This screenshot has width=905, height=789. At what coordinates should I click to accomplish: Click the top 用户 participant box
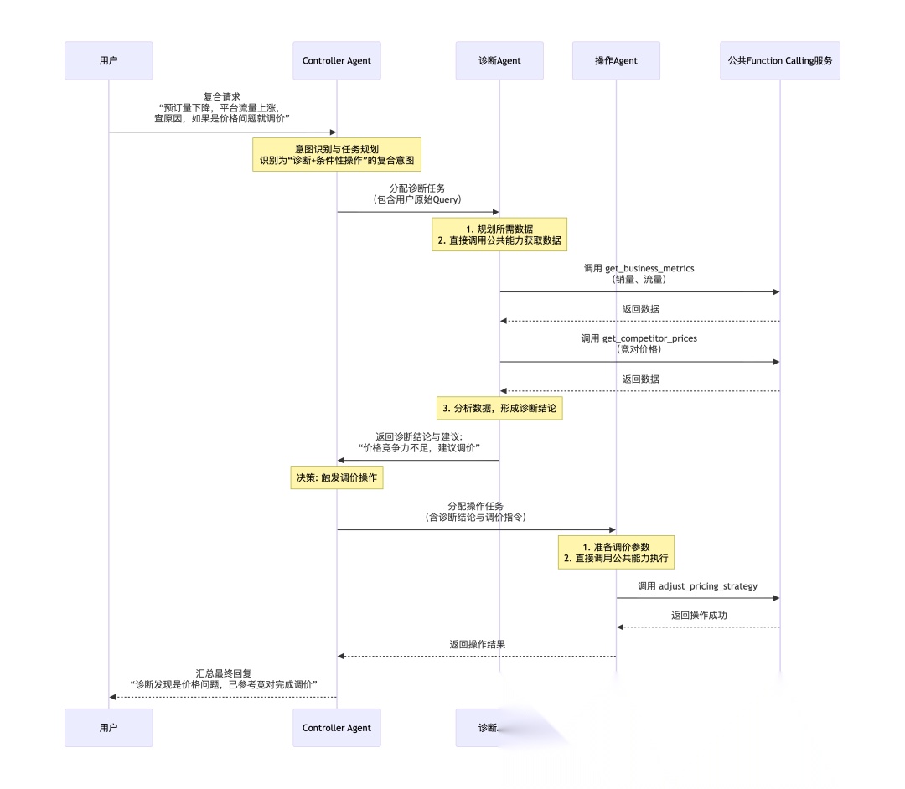pos(109,60)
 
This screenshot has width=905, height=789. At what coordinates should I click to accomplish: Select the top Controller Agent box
pos(336,60)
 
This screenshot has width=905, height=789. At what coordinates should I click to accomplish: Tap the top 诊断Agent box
pos(499,60)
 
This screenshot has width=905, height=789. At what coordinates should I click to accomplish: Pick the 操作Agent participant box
pos(616,60)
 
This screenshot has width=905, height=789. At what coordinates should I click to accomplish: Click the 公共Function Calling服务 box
pos(779,60)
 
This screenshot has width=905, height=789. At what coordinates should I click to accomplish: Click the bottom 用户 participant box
pos(109,727)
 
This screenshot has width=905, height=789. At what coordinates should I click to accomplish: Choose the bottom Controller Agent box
pos(336,727)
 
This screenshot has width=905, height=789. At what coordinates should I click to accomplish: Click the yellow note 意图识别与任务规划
pos(336,154)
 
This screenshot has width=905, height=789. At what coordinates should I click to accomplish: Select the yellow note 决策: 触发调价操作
pos(336,477)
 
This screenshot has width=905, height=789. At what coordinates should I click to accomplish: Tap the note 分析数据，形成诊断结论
pos(499,408)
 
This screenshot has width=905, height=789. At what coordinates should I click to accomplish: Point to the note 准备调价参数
pos(616,552)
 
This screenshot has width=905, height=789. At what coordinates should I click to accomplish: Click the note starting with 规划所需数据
pos(499,234)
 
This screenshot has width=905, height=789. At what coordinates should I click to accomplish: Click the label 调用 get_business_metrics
pos(639,269)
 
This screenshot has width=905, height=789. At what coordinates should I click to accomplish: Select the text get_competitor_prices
pos(649,338)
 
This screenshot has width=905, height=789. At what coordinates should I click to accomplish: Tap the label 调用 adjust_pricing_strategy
pos(697,585)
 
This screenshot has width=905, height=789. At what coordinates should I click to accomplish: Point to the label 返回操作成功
pos(698,615)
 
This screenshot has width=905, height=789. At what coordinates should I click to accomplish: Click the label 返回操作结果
pos(476,644)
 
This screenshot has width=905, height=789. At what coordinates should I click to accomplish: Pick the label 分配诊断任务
pos(416,188)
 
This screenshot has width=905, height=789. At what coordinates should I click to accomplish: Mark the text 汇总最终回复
pos(223,673)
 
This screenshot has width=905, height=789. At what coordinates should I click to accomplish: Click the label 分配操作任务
pos(475,506)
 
